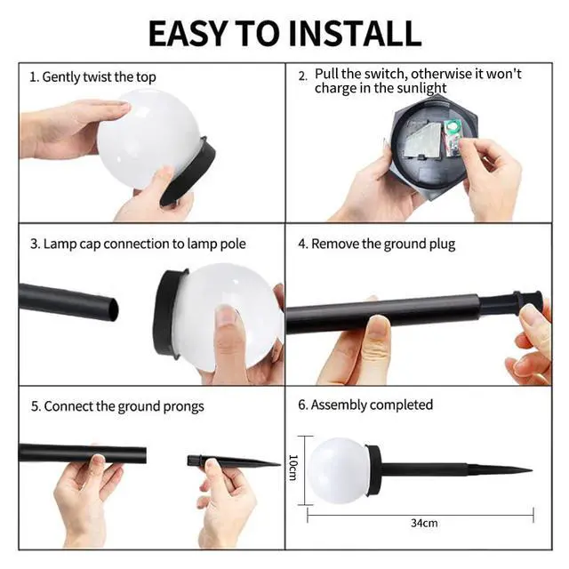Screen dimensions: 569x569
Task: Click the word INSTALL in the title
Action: [355, 34]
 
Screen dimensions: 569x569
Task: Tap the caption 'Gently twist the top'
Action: [99, 77]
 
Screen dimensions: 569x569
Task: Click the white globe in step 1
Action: [148, 139]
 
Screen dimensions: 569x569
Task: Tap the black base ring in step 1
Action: [188, 171]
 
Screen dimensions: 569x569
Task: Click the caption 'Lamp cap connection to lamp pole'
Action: [144, 244]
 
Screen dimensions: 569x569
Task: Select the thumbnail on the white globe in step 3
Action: [227, 316]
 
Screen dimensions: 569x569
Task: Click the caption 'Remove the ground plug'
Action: [383, 244]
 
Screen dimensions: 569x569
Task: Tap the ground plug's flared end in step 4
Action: [530, 302]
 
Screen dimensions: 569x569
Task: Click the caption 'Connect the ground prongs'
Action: [124, 406]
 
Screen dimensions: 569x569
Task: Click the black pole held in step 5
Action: [83, 453]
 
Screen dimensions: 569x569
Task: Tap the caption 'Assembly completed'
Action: [372, 405]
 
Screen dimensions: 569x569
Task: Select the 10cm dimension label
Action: [293, 468]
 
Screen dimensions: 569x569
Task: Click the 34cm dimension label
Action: [424, 523]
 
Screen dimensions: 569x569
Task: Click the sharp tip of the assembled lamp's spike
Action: [531, 470]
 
